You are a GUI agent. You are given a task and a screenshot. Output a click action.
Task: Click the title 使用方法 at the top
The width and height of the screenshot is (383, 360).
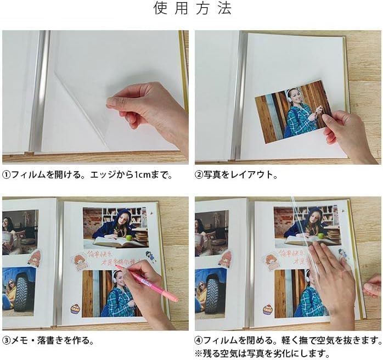192,9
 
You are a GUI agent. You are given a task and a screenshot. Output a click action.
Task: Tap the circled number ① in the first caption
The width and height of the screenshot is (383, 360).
7,175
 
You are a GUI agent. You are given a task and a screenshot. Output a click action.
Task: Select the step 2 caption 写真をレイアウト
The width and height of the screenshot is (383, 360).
236,175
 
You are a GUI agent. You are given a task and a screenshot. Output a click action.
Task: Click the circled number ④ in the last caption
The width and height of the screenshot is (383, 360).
200,340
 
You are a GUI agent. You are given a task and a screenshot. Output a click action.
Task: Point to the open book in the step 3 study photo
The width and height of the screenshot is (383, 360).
115,241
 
